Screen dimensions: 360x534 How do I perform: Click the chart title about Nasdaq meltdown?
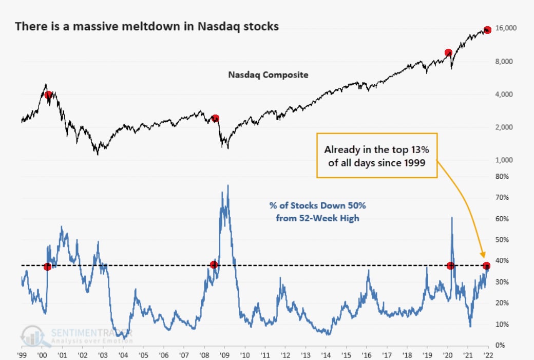[147, 26]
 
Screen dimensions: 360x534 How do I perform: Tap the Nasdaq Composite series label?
[268, 74]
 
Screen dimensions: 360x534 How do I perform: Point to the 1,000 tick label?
[506, 160]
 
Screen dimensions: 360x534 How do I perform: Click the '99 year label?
[22, 355]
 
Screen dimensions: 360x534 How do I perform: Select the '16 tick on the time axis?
[366, 355]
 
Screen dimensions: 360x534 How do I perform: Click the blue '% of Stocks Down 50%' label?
[318, 211]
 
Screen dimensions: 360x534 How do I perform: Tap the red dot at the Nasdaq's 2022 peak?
[487, 30]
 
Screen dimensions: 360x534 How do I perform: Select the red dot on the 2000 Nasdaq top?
[48, 94]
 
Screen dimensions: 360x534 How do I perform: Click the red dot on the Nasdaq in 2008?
[215, 118]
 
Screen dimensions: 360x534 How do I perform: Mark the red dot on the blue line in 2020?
[450, 266]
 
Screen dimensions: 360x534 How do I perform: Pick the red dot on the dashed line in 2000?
[48, 267]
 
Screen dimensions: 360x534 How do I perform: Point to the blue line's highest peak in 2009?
[227, 185]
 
